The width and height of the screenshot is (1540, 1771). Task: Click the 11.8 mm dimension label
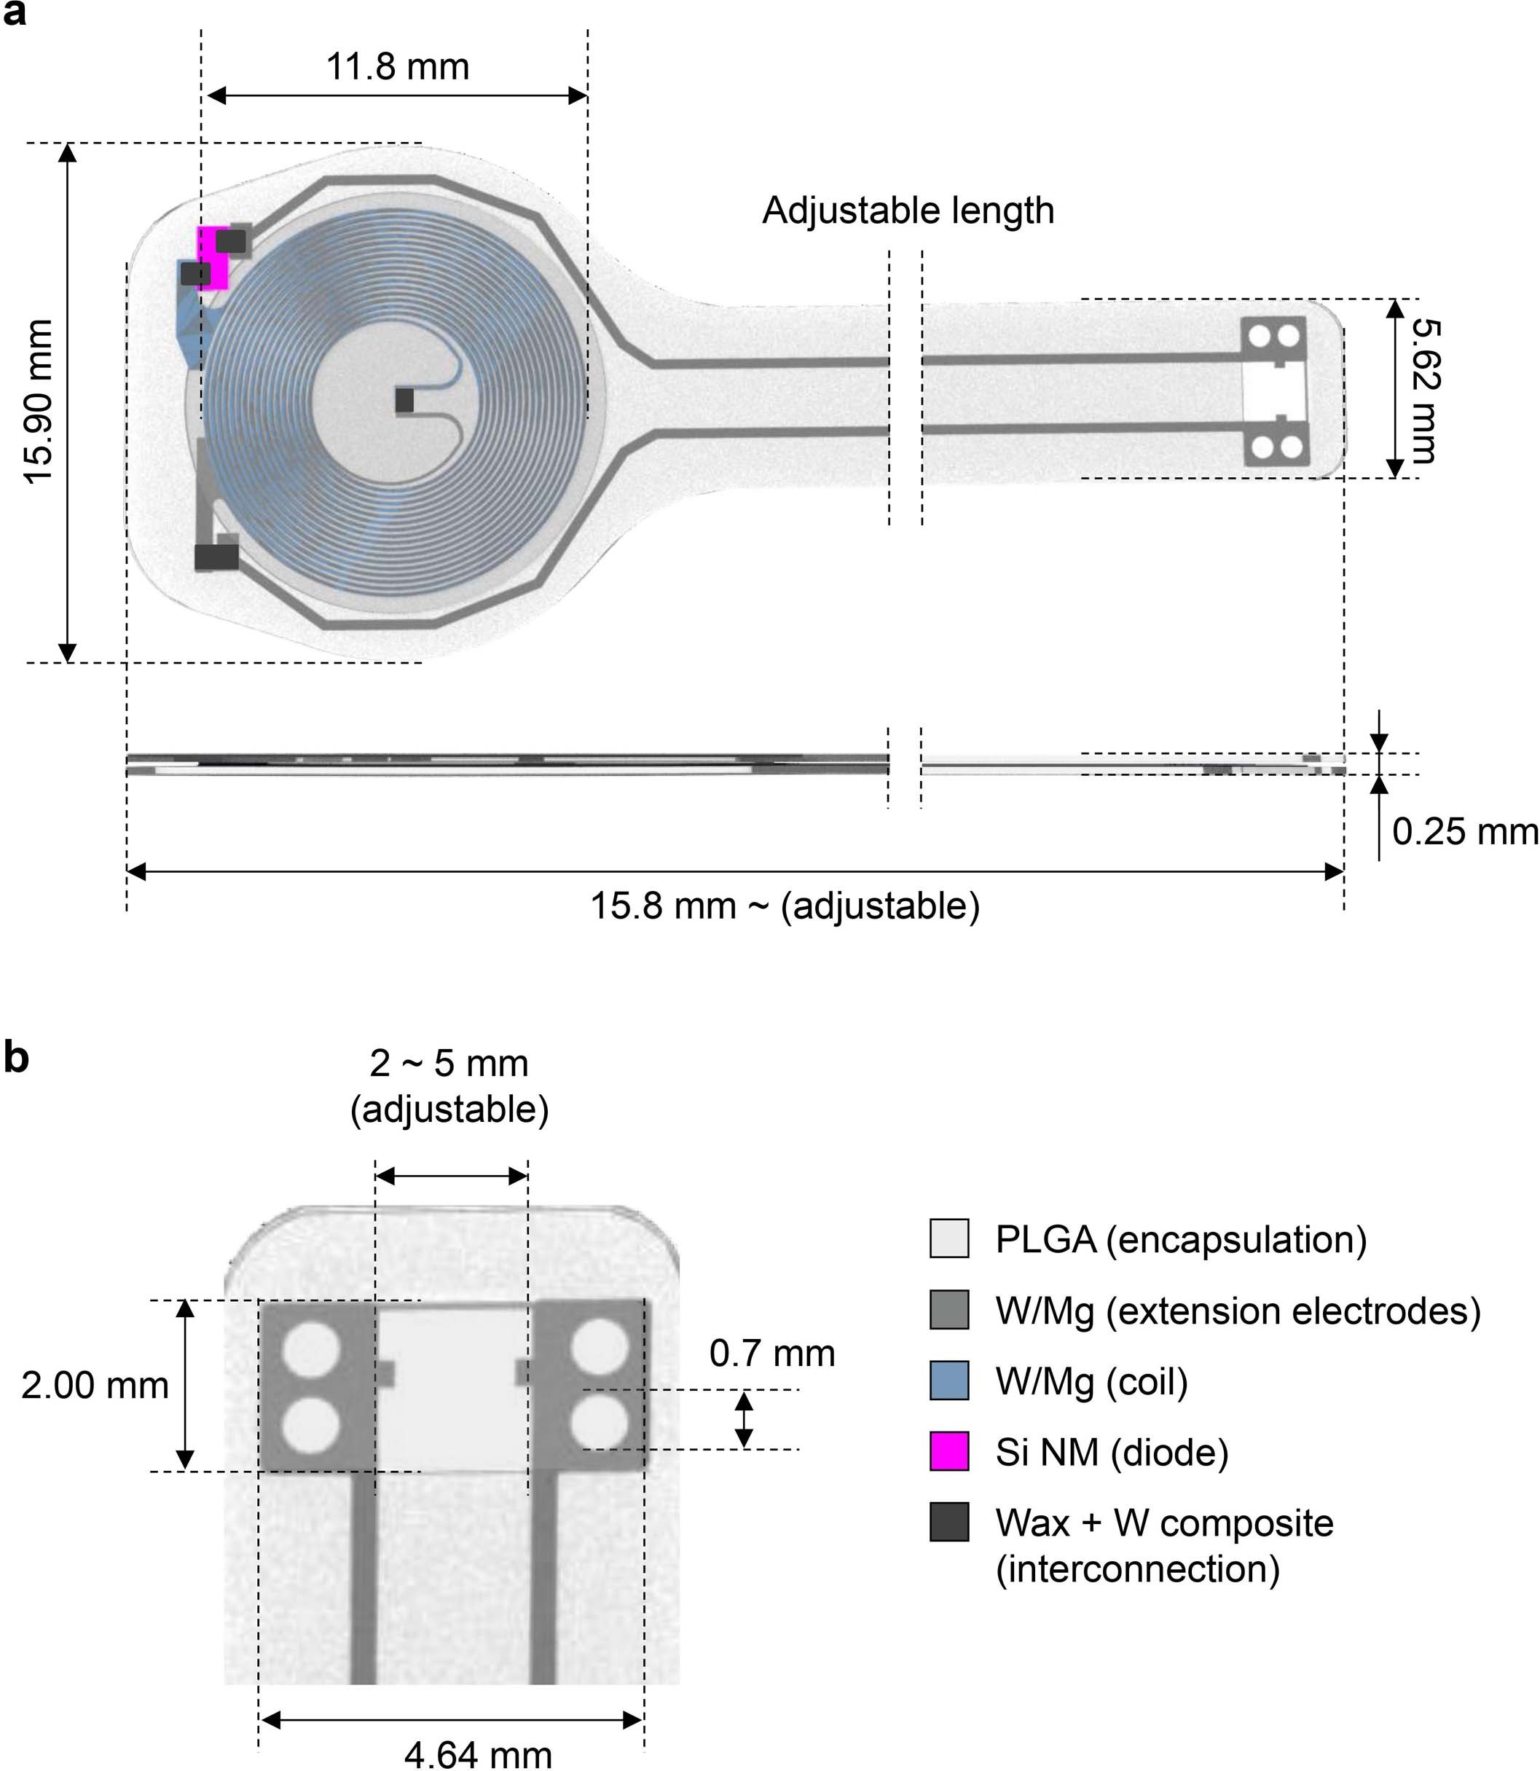pyautogui.click(x=397, y=67)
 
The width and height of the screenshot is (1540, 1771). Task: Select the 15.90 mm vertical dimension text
pyautogui.click(x=39, y=401)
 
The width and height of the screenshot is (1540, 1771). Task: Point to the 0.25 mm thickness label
pyautogui.click(x=1464, y=832)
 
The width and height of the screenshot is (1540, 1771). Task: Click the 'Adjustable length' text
pyautogui.click(x=908, y=211)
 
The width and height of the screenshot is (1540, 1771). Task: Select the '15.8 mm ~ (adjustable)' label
pyautogui.click(x=785, y=906)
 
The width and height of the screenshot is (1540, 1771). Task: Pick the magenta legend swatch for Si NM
pyautogui.click(x=948, y=1451)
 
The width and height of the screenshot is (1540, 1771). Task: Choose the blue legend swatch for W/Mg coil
pyautogui.click(x=948, y=1380)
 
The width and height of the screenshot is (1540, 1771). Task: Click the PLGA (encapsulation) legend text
pyautogui.click(x=1180, y=1239)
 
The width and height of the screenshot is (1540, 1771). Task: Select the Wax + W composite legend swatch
pyautogui.click(x=948, y=1522)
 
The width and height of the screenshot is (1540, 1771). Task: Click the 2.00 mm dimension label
pyautogui.click(x=95, y=1385)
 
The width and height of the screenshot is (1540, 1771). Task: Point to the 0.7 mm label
pyautogui.click(x=771, y=1354)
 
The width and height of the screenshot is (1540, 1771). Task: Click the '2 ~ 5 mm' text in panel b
pyautogui.click(x=449, y=1064)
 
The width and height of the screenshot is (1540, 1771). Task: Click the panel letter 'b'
pyautogui.click(x=16, y=1057)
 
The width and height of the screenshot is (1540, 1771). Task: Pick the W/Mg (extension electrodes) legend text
pyautogui.click(x=1238, y=1311)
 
